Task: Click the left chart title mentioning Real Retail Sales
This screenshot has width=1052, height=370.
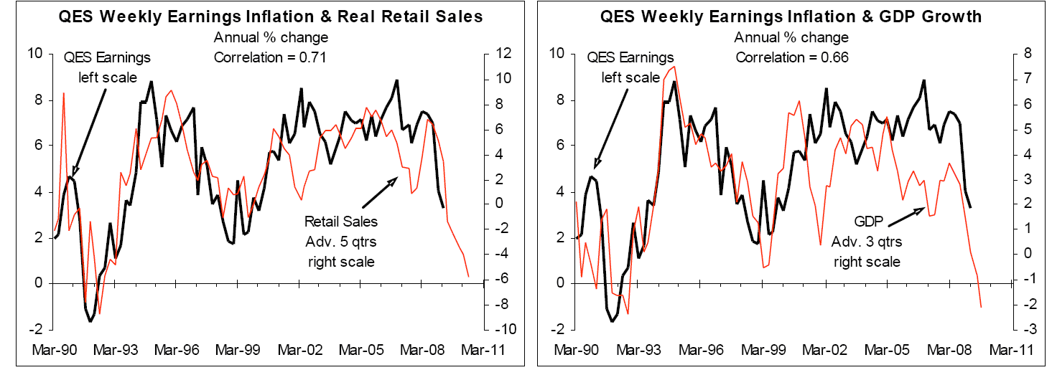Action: coord(270,16)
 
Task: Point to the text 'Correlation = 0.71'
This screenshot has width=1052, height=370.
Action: coord(270,58)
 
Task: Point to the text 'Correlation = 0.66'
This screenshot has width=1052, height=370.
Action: coord(791,58)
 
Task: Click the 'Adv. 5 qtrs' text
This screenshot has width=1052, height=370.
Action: coord(341,241)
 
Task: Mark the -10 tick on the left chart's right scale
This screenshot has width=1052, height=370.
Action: coord(498,330)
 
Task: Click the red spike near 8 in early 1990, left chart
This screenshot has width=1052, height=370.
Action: coord(64,93)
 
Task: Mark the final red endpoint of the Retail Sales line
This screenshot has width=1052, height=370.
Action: coord(468,277)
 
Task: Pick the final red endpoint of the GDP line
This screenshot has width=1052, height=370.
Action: coord(981,307)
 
